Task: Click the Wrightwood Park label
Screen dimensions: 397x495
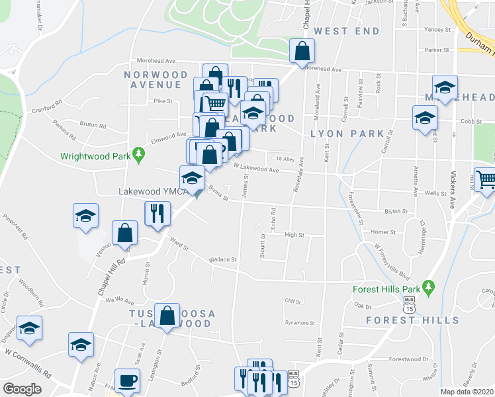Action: point(95,157)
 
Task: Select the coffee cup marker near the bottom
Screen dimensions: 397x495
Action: point(128,381)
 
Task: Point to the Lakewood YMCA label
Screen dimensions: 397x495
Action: point(150,192)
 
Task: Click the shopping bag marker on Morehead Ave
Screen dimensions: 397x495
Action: point(302,51)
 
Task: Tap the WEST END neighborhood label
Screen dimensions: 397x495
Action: point(347,31)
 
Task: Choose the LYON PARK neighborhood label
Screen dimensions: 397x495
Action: point(347,134)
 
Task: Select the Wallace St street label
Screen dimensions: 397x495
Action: point(222,259)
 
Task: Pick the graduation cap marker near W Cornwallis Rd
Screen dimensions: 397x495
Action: point(81,345)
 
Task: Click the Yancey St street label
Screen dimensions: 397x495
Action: point(437,30)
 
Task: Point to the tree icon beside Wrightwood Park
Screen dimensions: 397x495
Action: point(138,156)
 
